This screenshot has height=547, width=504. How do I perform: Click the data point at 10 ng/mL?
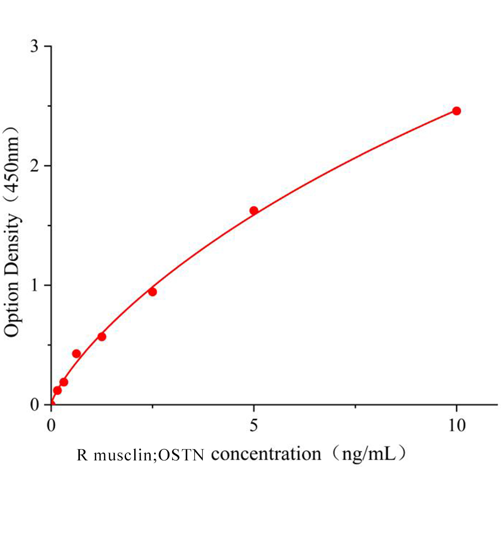coord(456,111)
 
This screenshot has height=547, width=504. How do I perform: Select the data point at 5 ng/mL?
coord(254,210)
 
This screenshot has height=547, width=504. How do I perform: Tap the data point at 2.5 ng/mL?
coord(152,292)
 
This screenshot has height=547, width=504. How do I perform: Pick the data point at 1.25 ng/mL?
coord(102,336)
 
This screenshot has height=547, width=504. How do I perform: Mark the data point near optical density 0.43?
coord(76,353)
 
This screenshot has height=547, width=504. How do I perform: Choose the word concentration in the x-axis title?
coord(266,454)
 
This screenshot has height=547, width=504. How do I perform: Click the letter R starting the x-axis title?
coord(82,455)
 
